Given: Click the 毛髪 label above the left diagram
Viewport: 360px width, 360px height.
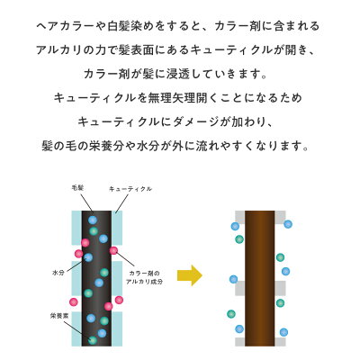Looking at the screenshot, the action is pyautogui.click(x=77, y=188).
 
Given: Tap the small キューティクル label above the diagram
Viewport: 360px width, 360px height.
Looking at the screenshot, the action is pyautogui.click(x=130, y=189).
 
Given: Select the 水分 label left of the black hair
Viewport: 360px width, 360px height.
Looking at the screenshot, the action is pyautogui.click(x=58, y=273).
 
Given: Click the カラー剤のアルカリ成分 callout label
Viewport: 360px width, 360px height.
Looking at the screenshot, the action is pyautogui.click(x=144, y=277).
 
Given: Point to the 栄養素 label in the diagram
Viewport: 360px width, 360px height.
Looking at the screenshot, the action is pyautogui.click(x=58, y=316).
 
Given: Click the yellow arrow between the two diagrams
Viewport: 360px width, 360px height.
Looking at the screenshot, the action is pyautogui.click(x=190, y=275).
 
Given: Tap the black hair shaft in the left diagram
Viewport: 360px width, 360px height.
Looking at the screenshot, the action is pyautogui.click(x=96, y=278).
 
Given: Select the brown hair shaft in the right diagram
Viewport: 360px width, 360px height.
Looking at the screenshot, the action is pyautogui.click(x=260, y=278).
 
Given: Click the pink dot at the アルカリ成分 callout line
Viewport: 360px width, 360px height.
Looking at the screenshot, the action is pyautogui.click(x=113, y=250).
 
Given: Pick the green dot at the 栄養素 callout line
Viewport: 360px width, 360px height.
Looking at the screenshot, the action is pyautogui.click(x=93, y=340).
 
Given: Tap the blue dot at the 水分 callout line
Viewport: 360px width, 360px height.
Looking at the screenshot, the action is pyautogui.click(x=88, y=257).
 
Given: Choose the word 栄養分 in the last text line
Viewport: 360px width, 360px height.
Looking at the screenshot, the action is pyautogui.click(x=105, y=147).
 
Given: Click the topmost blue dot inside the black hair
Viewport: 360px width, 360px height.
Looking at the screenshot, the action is pyautogui.click(x=93, y=220).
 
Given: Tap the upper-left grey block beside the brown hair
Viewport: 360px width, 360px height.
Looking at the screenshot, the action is pyautogui.click(x=240, y=215).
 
